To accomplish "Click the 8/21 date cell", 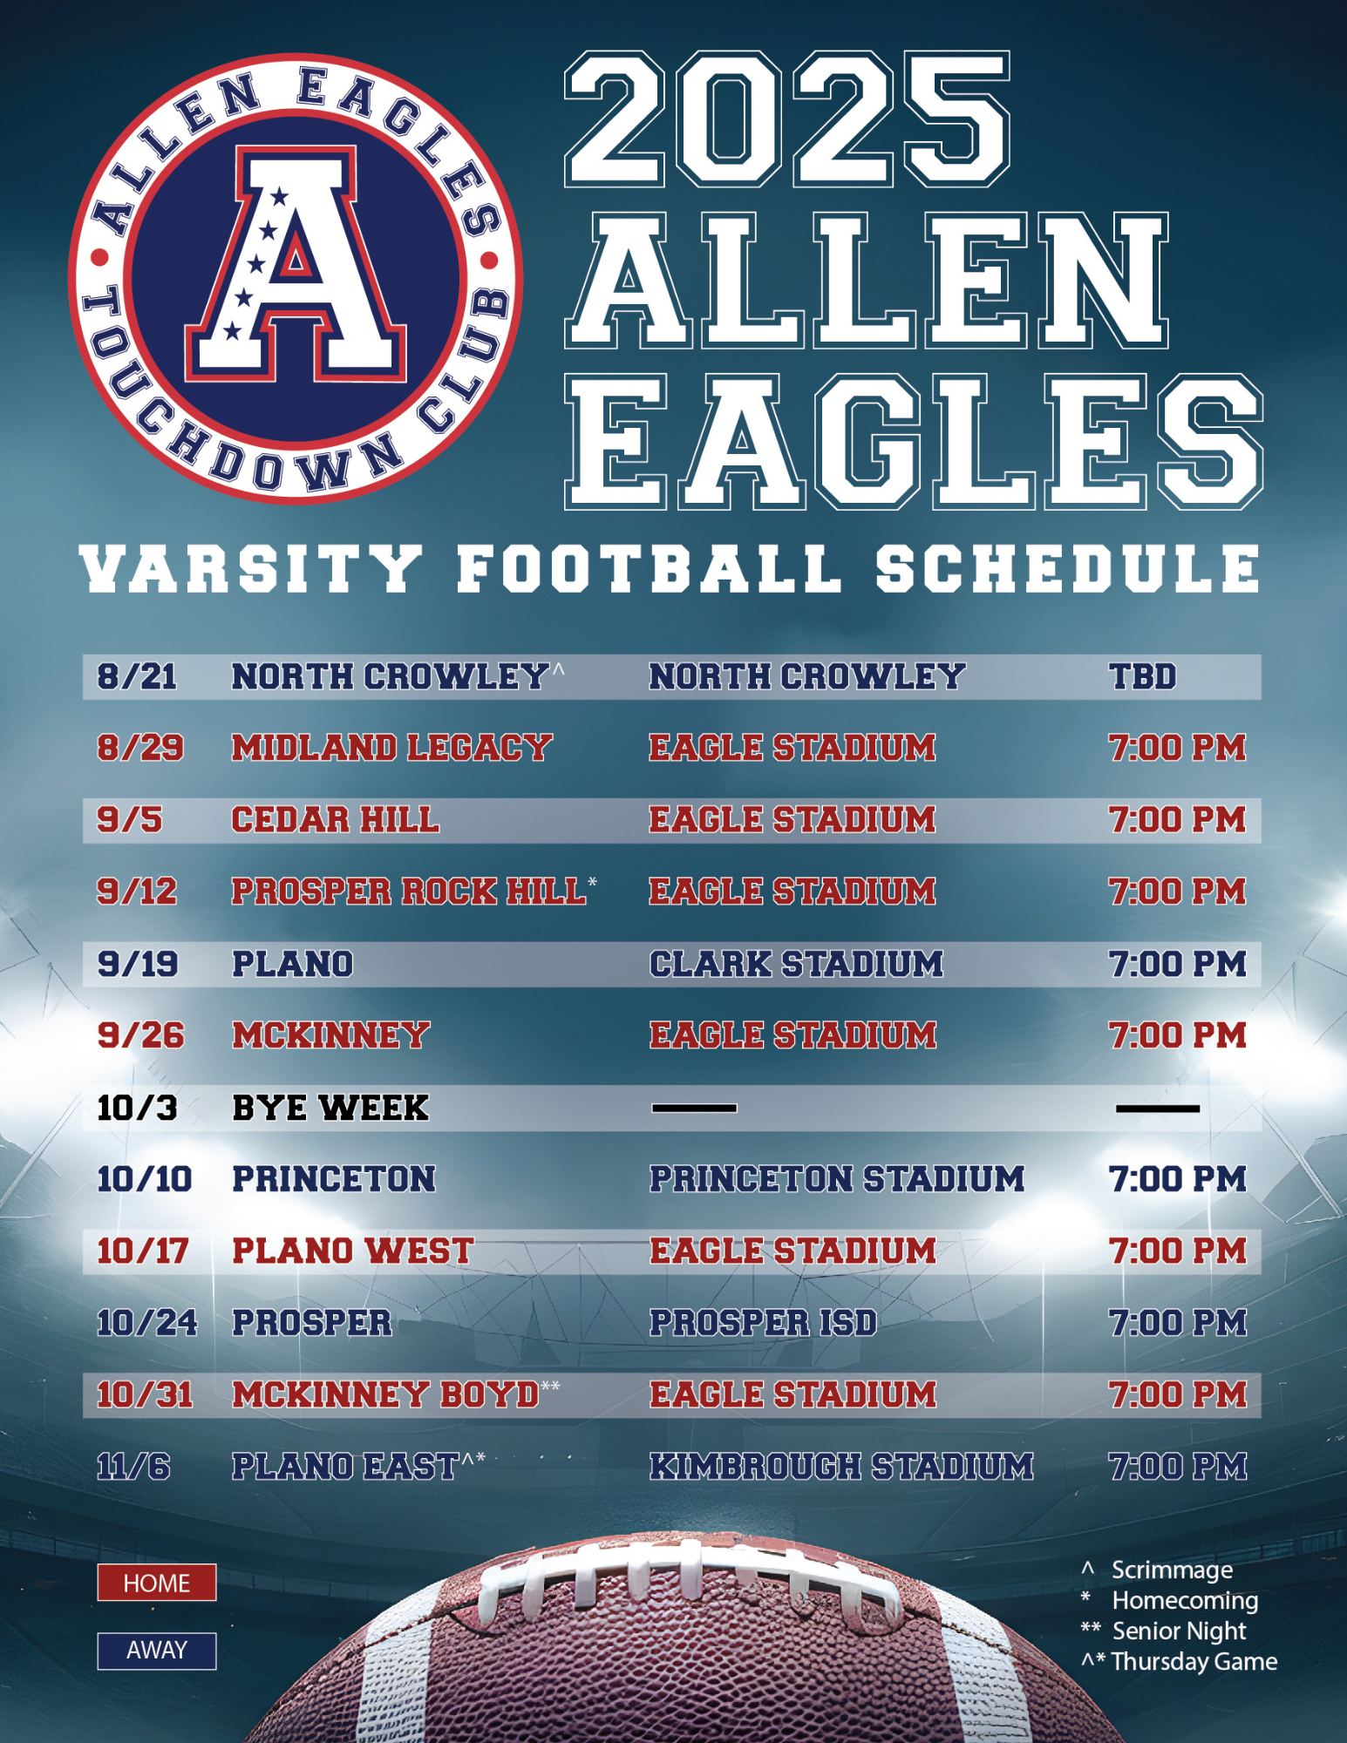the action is click(137, 677).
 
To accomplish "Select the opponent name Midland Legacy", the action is click(392, 749).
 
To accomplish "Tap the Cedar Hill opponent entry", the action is click(336, 820).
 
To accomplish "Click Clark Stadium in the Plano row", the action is click(796, 964).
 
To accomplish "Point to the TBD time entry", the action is click(1143, 677).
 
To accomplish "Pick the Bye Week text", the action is click(330, 1108).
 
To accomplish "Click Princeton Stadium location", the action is click(837, 1179).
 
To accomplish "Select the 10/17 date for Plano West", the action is click(143, 1251).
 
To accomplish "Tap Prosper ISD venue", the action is click(763, 1323).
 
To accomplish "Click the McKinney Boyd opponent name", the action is click(386, 1395).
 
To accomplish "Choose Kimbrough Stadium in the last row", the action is click(841, 1467).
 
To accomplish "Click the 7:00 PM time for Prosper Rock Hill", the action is click(1178, 892).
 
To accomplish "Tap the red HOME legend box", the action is click(157, 1583).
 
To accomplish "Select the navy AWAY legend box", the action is click(157, 1651).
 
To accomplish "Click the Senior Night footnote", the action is click(1179, 1631).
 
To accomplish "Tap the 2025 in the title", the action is click(788, 119).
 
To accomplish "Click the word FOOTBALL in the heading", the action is click(650, 568).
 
